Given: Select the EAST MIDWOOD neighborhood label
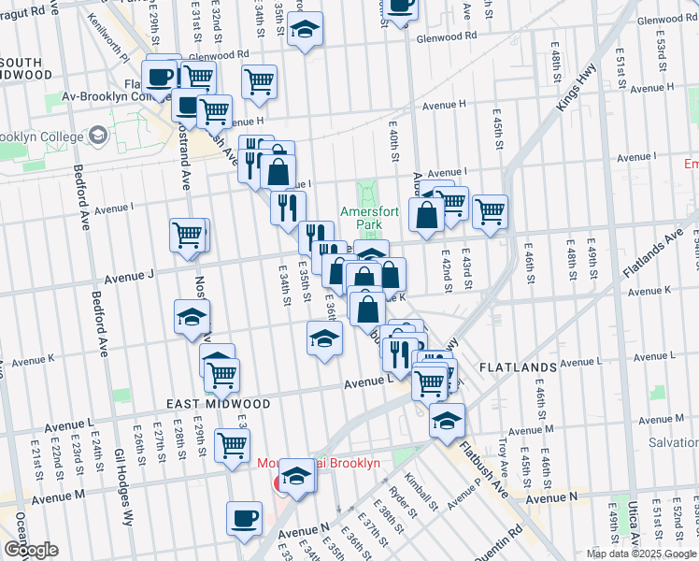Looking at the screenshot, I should [218, 404].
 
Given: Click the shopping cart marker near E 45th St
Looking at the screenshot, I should [490, 211].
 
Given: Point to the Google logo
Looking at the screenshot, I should [31, 550].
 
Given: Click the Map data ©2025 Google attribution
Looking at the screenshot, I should [641, 554].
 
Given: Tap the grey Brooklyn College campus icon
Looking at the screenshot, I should [96, 137].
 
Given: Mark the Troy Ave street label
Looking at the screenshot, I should [503, 450].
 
